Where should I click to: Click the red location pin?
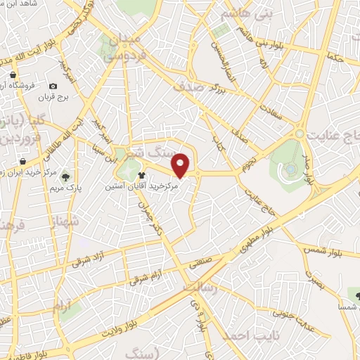tap(181, 164)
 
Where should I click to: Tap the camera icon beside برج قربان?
tap(53, 85)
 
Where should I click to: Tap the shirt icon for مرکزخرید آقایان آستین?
tap(143, 176)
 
